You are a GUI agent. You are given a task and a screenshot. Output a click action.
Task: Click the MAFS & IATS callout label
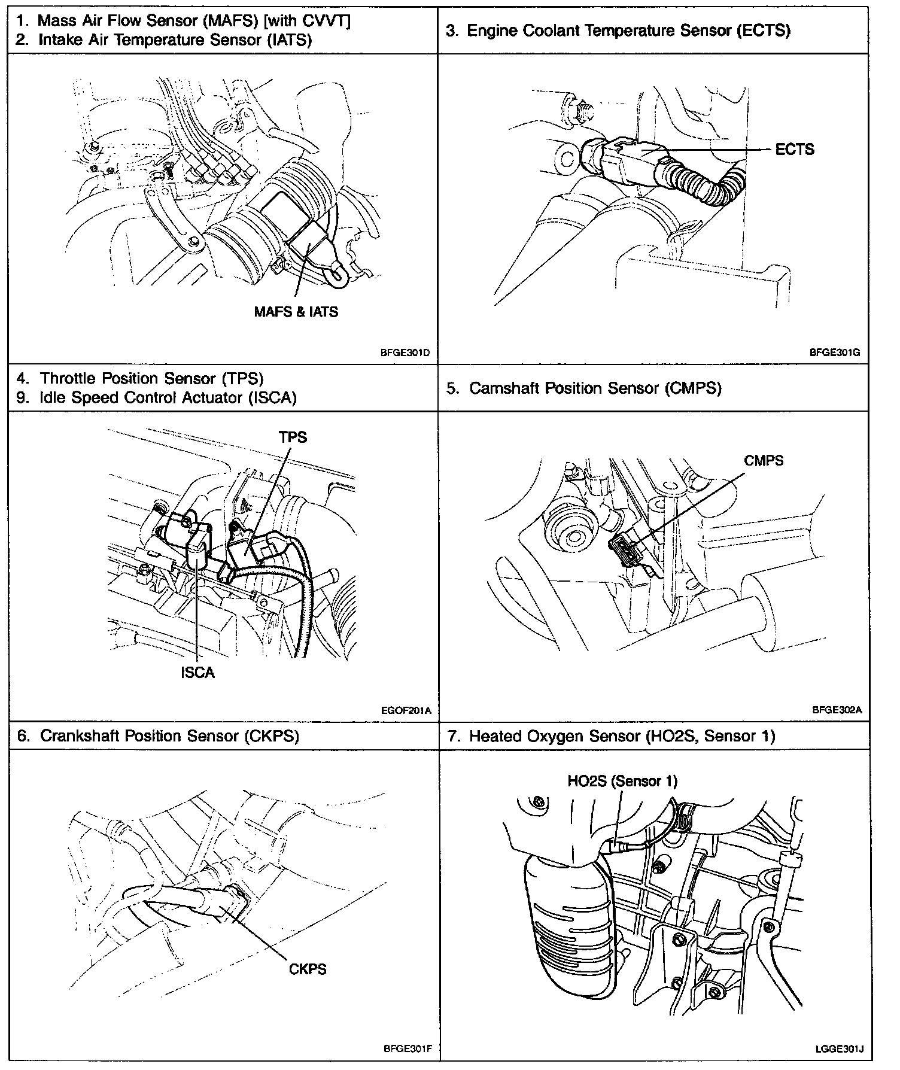[x=296, y=312]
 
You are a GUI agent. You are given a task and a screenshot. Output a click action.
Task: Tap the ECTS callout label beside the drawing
[x=794, y=149]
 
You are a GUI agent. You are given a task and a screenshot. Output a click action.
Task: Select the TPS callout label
[x=293, y=437]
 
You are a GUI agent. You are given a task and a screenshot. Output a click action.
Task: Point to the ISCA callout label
[x=197, y=673]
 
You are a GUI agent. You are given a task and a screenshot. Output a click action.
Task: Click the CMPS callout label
[x=764, y=460]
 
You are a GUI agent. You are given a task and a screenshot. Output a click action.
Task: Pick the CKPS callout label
[x=308, y=968]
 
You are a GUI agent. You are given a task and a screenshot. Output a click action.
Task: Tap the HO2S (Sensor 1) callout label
[x=622, y=781]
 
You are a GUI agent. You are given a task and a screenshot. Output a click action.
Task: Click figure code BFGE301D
[x=405, y=352]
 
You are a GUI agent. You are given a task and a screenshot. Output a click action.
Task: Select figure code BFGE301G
[x=835, y=352]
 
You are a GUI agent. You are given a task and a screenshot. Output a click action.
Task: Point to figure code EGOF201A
[x=405, y=711]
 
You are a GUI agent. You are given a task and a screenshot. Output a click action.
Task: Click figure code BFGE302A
[x=837, y=710]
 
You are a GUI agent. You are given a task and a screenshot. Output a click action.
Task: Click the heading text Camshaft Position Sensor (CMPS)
[x=595, y=388]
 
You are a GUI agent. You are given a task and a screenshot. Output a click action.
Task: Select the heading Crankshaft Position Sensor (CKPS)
[x=169, y=735]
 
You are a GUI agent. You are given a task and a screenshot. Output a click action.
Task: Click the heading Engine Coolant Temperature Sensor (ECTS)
[x=628, y=31]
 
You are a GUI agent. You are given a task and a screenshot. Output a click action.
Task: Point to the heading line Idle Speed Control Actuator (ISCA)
[x=168, y=397]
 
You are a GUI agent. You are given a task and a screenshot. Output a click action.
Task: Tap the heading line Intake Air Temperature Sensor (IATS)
[x=175, y=40]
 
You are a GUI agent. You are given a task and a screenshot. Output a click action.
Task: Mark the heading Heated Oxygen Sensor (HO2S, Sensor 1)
[x=622, y=735]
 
